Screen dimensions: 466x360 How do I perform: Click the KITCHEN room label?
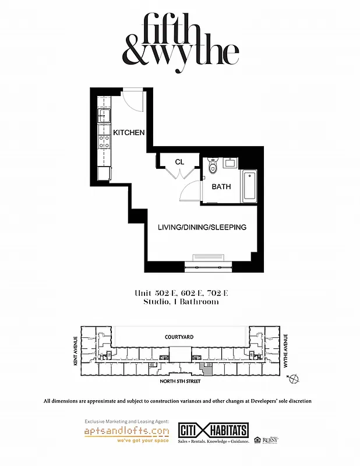pyautogui.click(x=129, y=133)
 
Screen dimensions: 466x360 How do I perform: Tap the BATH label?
pyautogui.click(x=221, y=187)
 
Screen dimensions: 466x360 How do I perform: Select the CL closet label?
pyautogui.click(x=179, y=161)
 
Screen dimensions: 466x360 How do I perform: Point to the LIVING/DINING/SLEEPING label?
pyautogui.click(x=202, y=227)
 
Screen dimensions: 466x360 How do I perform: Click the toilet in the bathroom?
pyautogui.click(x=213, y=168)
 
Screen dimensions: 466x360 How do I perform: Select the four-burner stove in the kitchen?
pyautogui.click(x=105, y=140)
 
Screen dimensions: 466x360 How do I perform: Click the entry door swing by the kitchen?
pyautogui.click(x=133, y=100)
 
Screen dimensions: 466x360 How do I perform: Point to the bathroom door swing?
pyautogui.click(x=190, y=190)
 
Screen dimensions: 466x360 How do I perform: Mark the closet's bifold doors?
pyautogui.click(x=179, y=173)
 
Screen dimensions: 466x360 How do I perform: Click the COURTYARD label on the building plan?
pyautogui.click(x=179, y=337)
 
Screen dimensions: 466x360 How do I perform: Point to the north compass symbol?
pyautogui.click(x=294, y=379)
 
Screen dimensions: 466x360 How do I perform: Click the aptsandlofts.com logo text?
pyautogui.click(x=127, y=431)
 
